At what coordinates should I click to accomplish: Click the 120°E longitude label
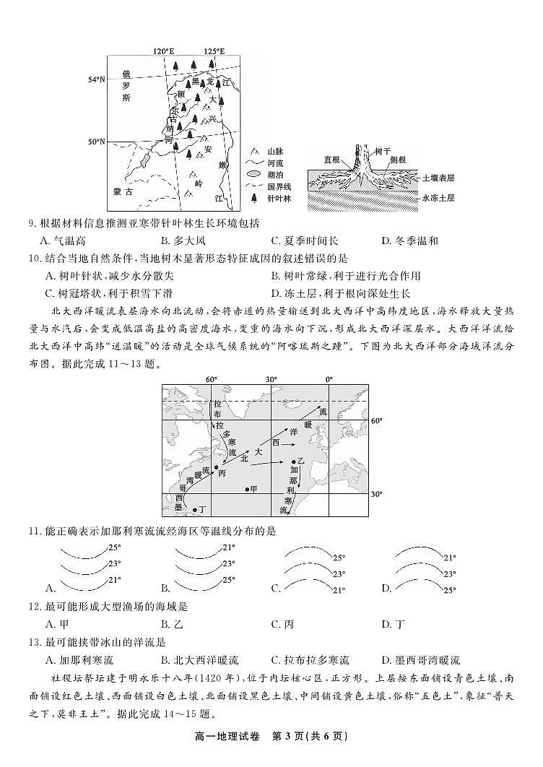coord(164,51)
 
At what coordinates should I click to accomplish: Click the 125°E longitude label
coord(214,51)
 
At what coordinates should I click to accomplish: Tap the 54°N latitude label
coord(97,79)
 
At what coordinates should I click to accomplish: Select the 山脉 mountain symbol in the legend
coord(253,151)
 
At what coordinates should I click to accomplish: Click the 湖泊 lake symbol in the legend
coord(253,174)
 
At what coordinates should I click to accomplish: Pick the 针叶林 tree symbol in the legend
coord(253,197)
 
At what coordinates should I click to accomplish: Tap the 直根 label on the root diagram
coord(331,160)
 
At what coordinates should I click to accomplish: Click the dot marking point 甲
coord(246,489)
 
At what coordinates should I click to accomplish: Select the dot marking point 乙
coord(293,461)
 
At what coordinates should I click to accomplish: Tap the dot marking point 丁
coord(195,509)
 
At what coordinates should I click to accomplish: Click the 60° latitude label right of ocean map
coord(376,420)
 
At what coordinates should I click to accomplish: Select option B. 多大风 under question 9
coord(184,241)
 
